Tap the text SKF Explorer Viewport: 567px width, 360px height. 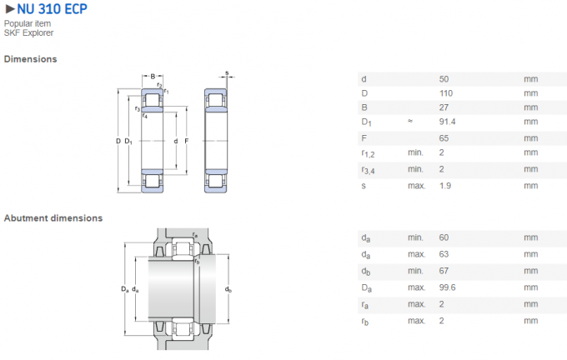coord(28,33)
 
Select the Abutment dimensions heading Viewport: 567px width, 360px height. coord(53,217)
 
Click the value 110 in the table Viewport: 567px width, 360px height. coord(446,93)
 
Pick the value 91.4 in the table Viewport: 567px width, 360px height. coord(447,122)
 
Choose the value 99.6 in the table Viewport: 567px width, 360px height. coord(448,287)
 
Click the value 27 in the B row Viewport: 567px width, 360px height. coord(444,107)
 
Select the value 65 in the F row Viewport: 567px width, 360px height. coord(444,137)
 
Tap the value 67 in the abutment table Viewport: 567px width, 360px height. coord(444,270)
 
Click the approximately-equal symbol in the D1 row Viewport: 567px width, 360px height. coord(410,122)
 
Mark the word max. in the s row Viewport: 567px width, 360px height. coord(415,185)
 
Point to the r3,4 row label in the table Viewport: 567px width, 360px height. coord(369,170)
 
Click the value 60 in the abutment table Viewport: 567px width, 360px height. coord(444,237)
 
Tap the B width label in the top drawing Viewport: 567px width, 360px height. coord(152,76)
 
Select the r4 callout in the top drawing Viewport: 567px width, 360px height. coord(146,115)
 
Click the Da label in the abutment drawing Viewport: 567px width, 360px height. coord(124,288)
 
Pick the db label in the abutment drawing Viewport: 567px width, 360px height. coord(228,289)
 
